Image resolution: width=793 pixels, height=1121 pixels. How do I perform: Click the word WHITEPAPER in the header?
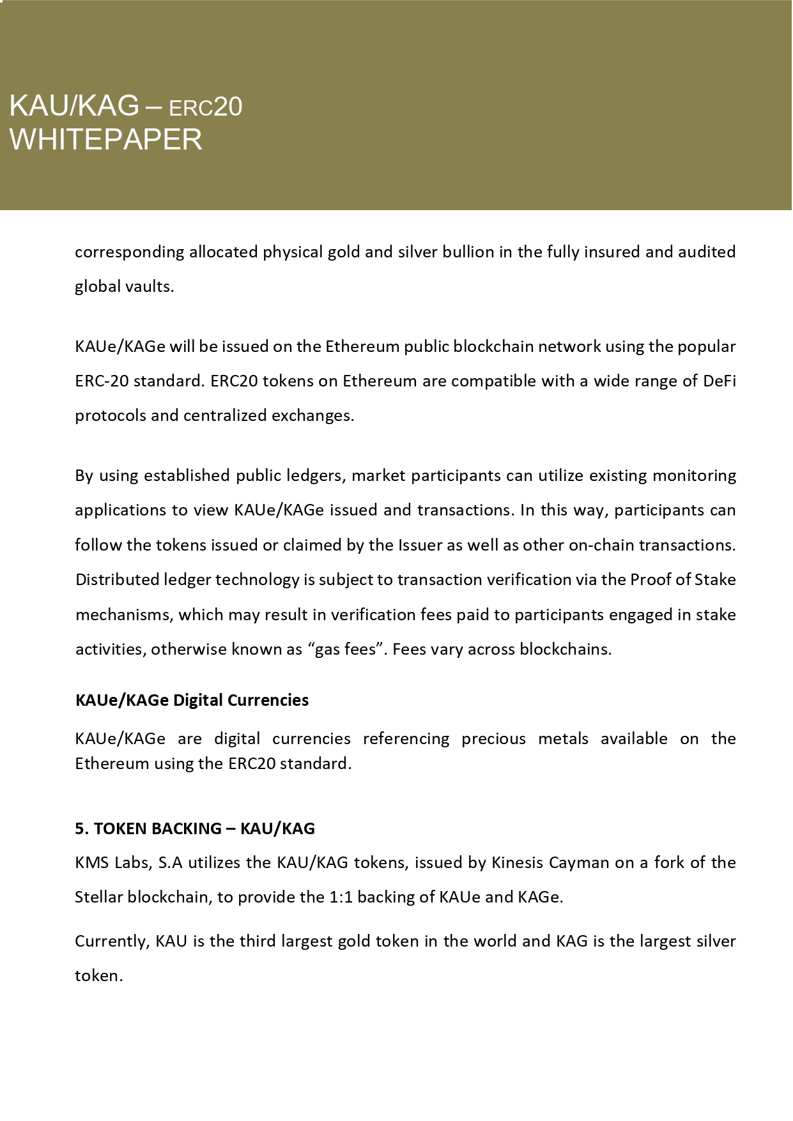105,139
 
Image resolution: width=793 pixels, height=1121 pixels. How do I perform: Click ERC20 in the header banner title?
205,107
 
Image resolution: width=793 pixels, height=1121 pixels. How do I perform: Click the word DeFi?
720,381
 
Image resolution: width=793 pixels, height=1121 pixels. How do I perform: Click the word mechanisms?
124,614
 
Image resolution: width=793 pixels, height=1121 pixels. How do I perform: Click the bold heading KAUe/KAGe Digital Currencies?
192,700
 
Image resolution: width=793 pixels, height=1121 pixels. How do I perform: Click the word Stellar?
98,897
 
